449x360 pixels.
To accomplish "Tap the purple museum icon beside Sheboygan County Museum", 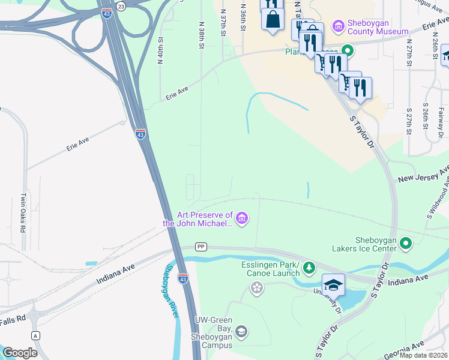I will (339, 26).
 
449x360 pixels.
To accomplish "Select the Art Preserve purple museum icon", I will (242, 218).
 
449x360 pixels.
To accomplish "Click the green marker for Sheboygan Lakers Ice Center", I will (406, 243).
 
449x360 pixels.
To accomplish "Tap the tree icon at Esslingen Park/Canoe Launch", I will (309, 267).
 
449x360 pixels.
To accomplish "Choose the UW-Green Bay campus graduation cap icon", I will (241, 331).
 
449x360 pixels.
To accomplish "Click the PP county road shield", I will (200, 247).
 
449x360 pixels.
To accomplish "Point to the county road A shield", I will (36, 336).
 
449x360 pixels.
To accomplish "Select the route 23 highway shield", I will (121, 6).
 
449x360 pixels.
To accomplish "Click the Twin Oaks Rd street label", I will (23, 213).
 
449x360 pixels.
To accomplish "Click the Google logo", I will (20, 353).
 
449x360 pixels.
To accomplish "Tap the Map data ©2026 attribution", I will (423, 355).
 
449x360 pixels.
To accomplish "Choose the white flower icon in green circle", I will (257, 289).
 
